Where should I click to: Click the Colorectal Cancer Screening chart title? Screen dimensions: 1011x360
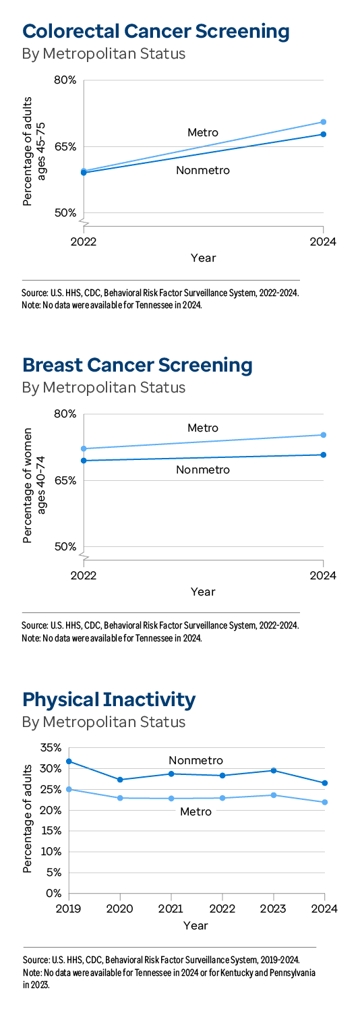(x=156, y=31)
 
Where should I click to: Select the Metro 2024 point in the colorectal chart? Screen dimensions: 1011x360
(x=324, y=122)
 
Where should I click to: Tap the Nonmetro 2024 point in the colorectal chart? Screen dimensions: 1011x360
(x=324, y=134)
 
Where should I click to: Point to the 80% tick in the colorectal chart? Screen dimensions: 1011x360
(x=65, y=80)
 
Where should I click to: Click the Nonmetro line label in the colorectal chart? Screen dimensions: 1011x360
(x=203, y=171)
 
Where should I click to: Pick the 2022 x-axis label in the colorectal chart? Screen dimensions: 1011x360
(x=84, y=241)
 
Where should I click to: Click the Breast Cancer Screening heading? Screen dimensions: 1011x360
(x=138, y=365)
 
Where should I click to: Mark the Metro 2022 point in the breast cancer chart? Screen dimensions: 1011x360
(x=84, y=449)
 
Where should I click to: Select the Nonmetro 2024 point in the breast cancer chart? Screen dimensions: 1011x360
(x=324, y=455)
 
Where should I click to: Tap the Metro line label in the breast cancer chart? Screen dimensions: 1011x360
(x=203, y=428)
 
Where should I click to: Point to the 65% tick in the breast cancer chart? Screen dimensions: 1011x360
(x=65, y=481)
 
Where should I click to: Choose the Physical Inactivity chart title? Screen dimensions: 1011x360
(x=109, y=699)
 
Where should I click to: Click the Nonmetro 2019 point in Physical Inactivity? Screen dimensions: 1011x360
(x=69, y=761)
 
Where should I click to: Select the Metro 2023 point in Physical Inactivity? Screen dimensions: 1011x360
(x=273, y=795)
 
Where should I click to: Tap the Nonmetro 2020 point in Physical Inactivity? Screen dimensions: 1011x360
(x=120, y=780)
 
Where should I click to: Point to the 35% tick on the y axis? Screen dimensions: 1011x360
(x=51, y=747)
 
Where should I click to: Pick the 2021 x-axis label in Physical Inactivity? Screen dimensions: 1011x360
(x=171, y=909)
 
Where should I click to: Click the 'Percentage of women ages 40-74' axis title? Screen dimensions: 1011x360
(x=34, y=480)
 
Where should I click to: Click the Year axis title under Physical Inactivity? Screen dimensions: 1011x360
(x=196, y=926)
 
